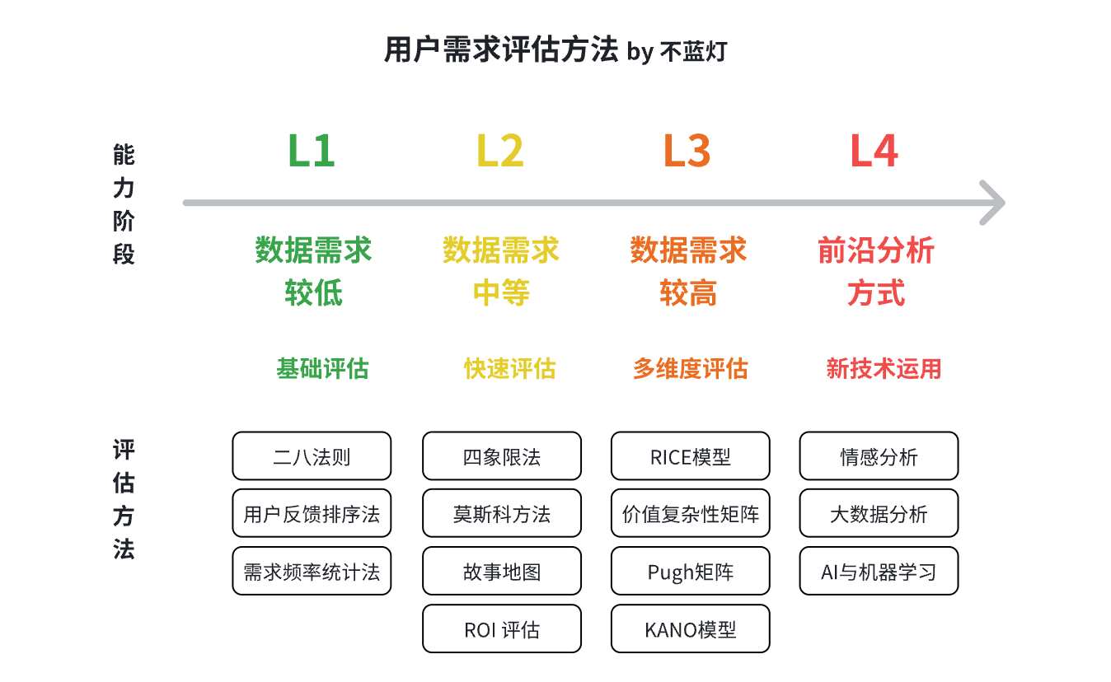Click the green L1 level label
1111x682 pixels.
[x=312, y=151]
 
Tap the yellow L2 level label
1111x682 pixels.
[x=499, y=151]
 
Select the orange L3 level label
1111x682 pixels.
[x=687, y=151]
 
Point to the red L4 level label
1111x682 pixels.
[x=874, y=151]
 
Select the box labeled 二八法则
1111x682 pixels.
[x=312, y=456]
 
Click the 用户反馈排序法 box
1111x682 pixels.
[x=312, y=513]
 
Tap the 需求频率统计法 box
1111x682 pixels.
[x=312, y=571]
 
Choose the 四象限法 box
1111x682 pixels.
[x=502, y=456]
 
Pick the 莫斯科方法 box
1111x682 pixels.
[x=502, y=513]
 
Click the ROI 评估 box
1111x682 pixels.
[x=502, y=629]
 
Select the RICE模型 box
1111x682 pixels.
[x=691, y=456]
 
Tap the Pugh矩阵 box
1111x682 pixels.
[x=691, y=571]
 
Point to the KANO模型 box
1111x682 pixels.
[x=691, y=629]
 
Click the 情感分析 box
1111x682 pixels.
[x=879, y=456]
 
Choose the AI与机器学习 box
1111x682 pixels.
[x=879, y=571]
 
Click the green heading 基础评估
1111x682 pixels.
[x=322, y=369]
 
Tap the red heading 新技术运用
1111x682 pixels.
[x=884, y=369]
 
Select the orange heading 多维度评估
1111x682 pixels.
[x=691, y=369]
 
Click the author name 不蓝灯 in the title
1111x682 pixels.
[x=693, y=52]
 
